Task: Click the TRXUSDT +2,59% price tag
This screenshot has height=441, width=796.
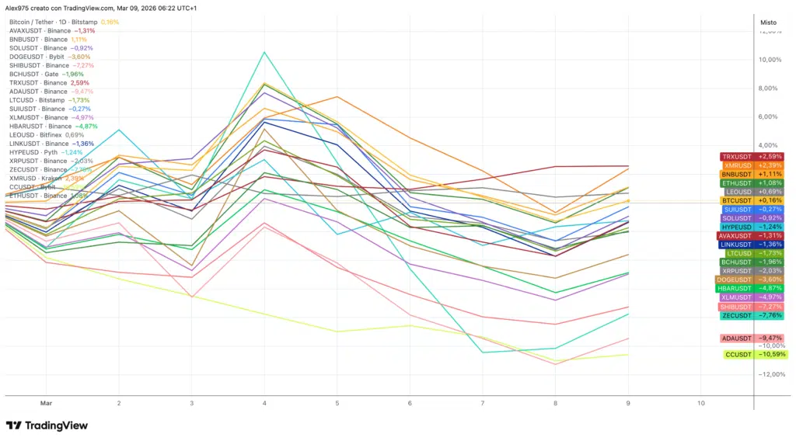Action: click(x=752, y=157)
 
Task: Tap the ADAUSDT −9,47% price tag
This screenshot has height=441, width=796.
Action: click(x=752, y=338)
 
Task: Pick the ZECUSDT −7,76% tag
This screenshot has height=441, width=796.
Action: click(x=752, y=315)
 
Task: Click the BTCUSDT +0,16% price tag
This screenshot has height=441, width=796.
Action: click(x=752, y=200)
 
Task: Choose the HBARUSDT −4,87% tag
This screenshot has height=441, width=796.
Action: click(x=751, y=288)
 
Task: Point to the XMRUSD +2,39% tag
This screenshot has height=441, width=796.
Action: click(x=752, y=165)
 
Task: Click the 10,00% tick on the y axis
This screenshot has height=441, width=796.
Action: click(x=769, y=60)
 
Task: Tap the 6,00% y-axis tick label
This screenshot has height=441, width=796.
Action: click(x=769, y=116)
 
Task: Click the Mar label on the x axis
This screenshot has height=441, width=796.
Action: click(x=45, y=404)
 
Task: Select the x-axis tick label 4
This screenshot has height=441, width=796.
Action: click(x=265, y=404)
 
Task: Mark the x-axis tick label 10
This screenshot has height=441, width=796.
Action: click(x=702, y=404)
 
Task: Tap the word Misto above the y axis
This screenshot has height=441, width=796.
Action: click(x=767, y=23)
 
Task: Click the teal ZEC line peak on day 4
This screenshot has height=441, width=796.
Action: click(x=265, y=52)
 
